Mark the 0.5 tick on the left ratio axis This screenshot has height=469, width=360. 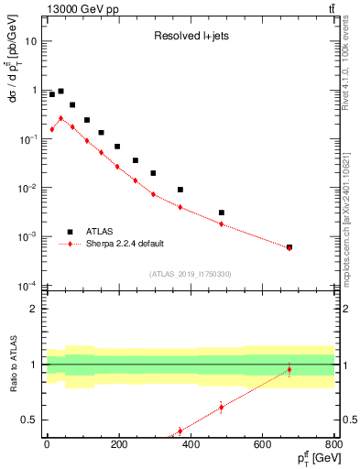tap(29, 420)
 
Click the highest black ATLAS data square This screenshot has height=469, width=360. tap(60, 92)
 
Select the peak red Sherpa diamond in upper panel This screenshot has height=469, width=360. tap(60, 118)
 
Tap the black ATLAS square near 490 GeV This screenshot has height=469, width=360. tap(222, 213)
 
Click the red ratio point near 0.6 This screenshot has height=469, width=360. tap(222, 408)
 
